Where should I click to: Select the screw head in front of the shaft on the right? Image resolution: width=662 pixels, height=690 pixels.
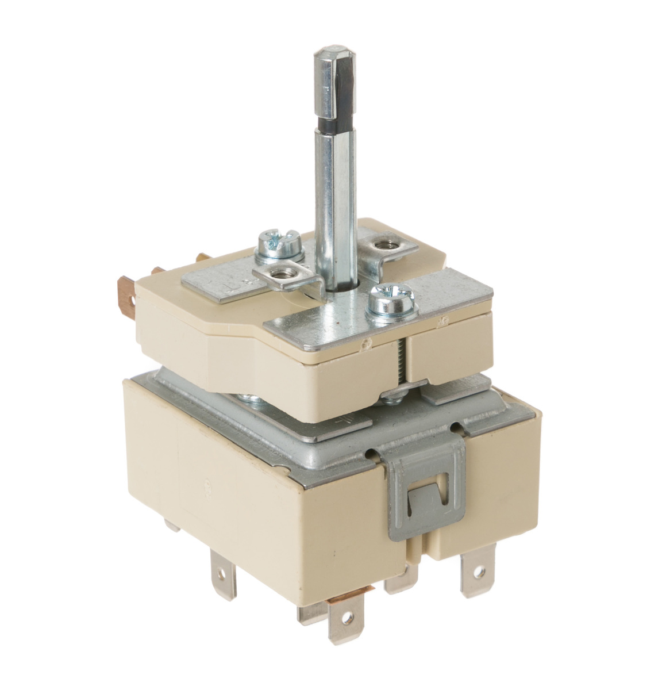coord(383,300)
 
